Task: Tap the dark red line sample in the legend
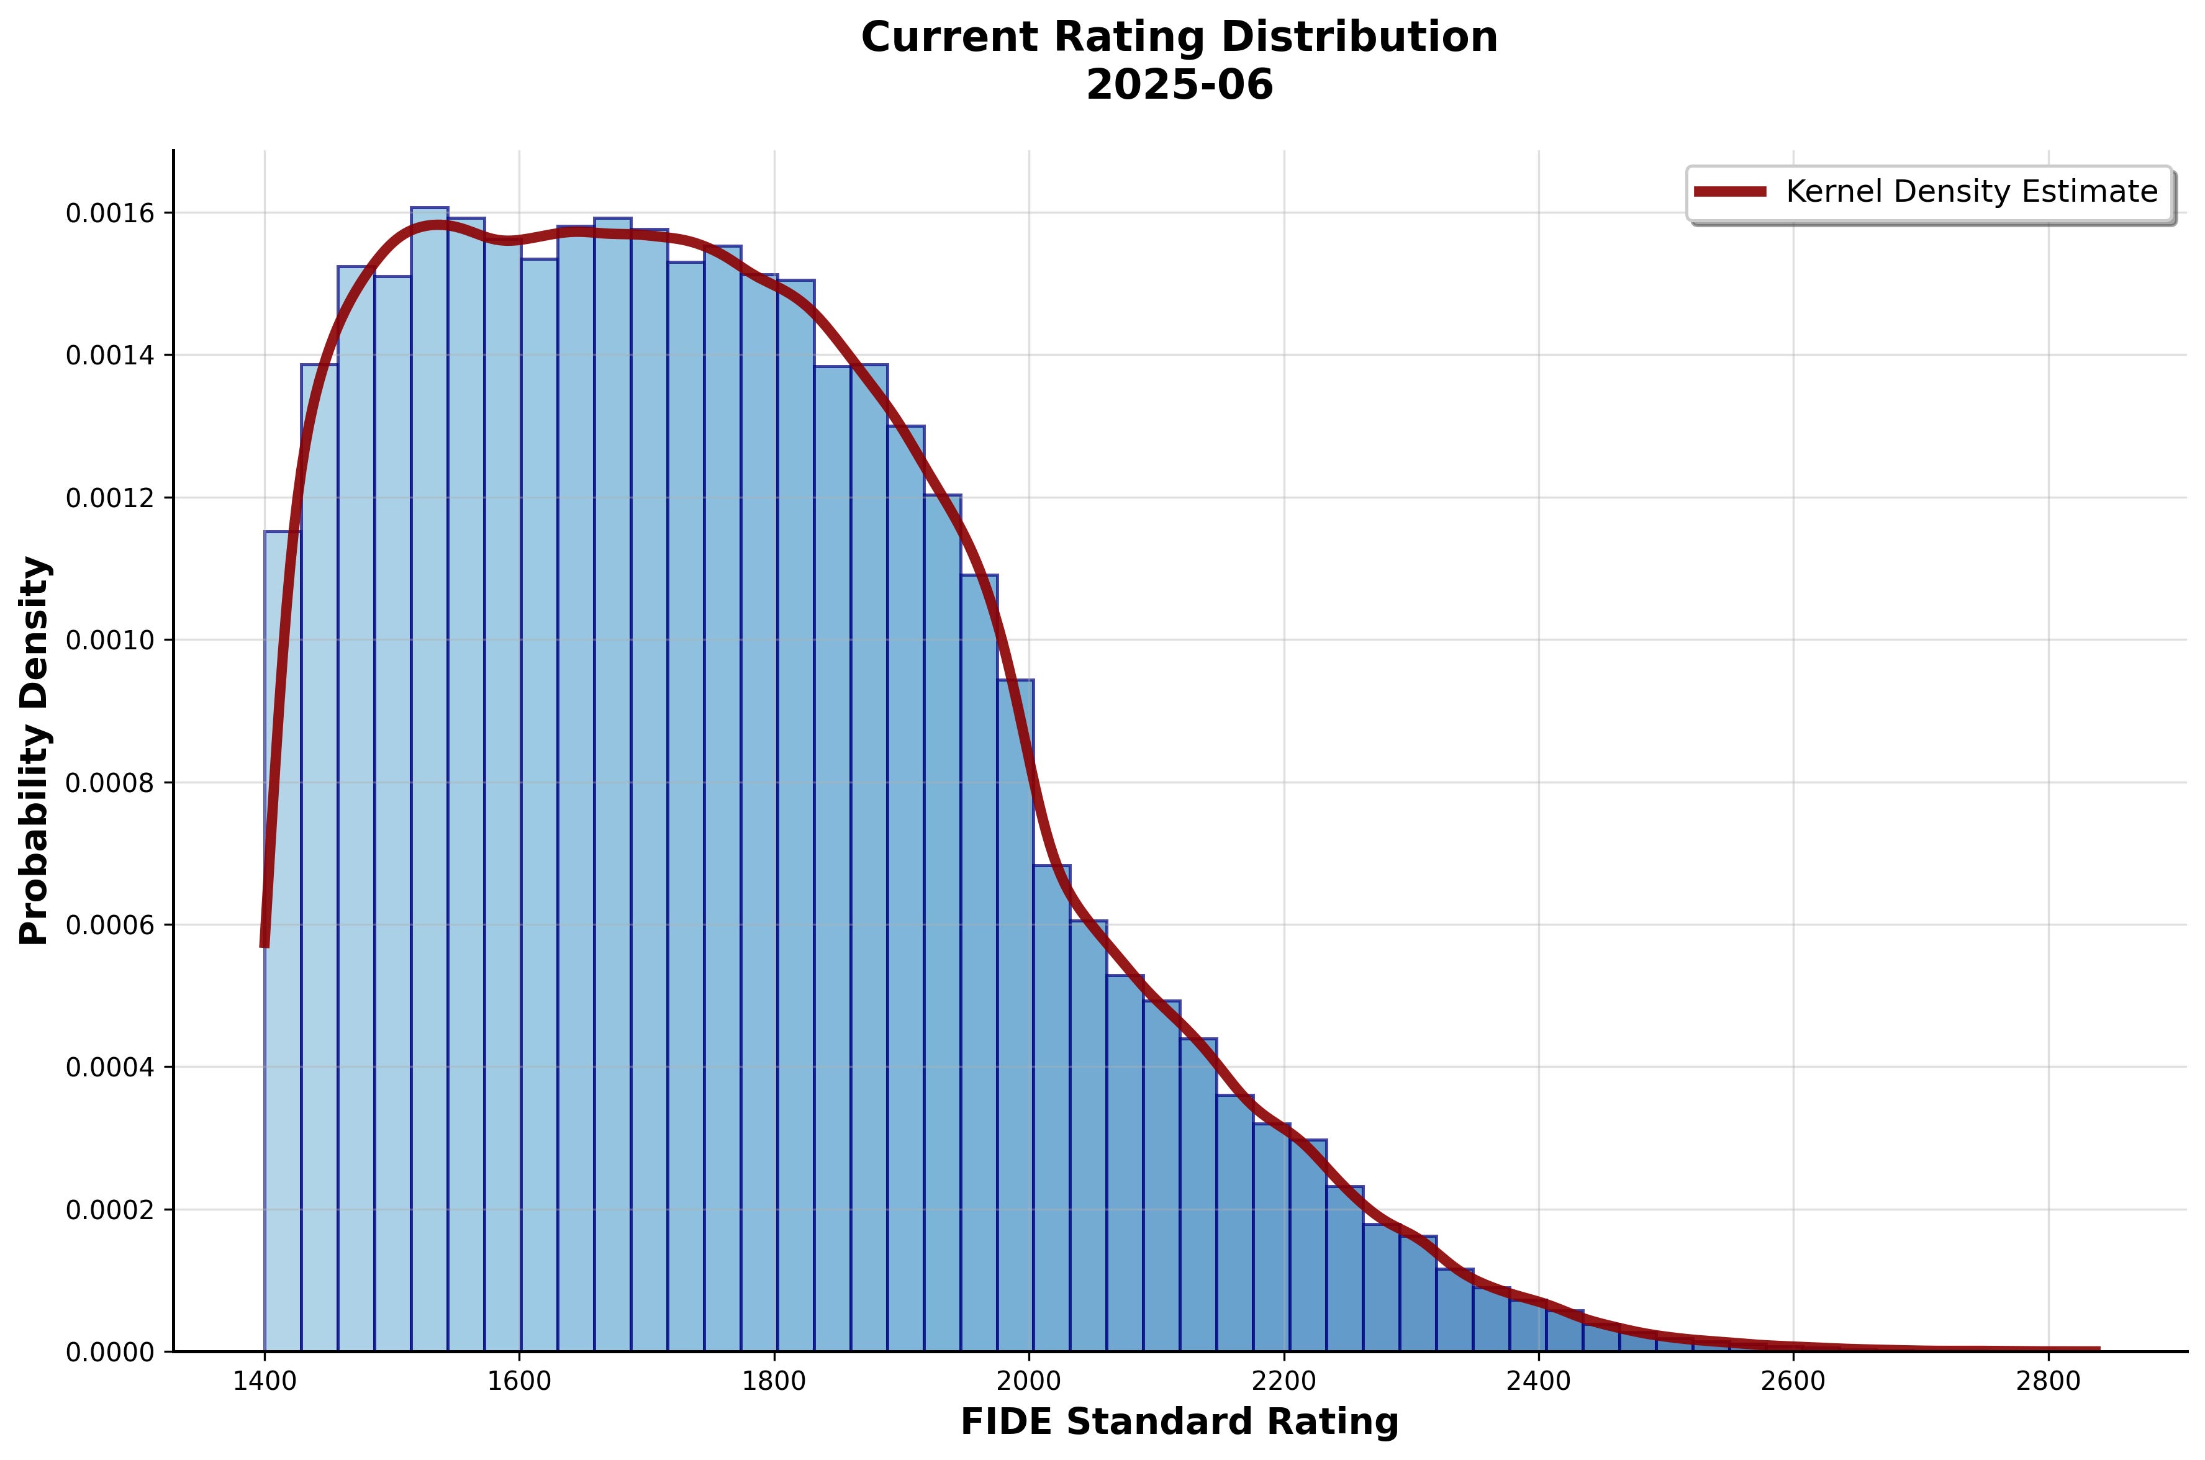tap(1729, 192)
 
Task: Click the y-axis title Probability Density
tap(35, 750)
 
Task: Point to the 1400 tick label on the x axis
tap(265, 1381)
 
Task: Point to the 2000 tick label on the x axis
tap(1029, 1381)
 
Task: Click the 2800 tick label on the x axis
tap(2049, 1381)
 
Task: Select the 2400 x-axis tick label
tap(1538, 1381)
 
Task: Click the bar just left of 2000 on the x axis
tap(1015, 1024)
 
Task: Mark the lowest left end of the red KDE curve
tap(265, 944)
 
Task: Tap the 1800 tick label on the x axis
tap(774, 1381)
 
